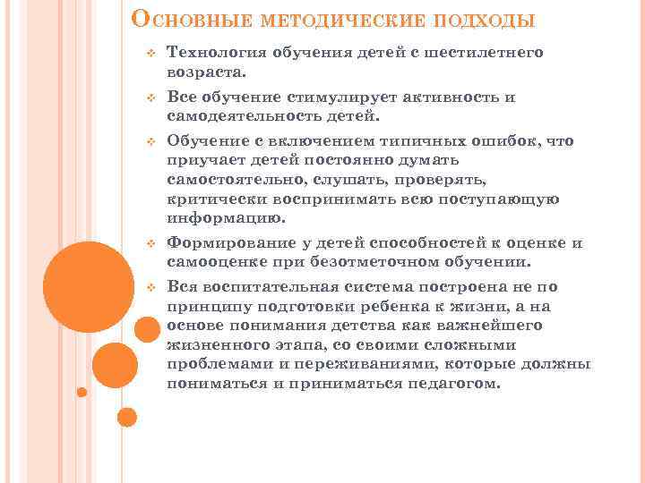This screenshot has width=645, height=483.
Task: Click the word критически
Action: coord(212,199)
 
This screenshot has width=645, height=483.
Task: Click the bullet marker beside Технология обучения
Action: coord(151,54)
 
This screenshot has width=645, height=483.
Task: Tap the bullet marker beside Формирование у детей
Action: coord(151,244)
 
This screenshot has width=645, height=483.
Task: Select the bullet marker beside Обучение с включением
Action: coord(151,142)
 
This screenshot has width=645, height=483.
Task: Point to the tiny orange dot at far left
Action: coord(82,391)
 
